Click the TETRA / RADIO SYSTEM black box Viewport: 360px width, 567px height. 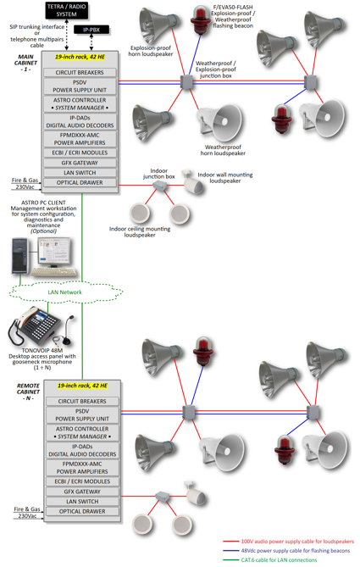click(67, 10)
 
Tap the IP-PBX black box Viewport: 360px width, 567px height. click(91, 30)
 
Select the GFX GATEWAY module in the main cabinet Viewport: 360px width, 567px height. click(80, 163)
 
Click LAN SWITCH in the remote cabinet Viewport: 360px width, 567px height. click(82, 502)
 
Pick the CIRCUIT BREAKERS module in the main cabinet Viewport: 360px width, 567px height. click(80, 72)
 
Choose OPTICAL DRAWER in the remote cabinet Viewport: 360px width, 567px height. click(82, 511)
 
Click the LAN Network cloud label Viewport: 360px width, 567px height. click(65, 292)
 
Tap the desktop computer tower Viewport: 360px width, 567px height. click(19, 255)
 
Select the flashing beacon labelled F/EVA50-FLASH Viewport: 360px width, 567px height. click(200, 19)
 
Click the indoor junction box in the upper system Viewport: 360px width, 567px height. click(159, 186)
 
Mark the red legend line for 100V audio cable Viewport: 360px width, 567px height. click(230, 542)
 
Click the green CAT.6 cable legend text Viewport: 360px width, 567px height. click(279, 560)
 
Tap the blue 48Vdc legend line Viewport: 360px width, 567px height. click(230, 551)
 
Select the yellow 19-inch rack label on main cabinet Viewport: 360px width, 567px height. click(80, 57)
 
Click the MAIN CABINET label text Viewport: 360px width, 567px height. click(25, 63)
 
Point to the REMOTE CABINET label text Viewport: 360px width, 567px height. click(28, 392)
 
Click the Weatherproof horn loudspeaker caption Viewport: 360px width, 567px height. click(223, 150)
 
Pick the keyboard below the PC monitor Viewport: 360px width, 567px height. click(54, 272)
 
